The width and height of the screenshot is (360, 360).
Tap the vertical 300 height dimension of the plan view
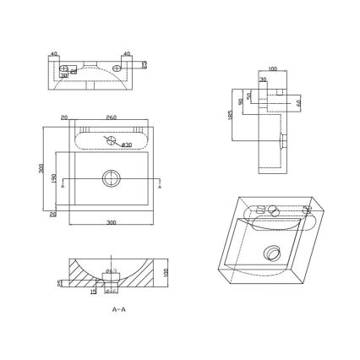pos(42,168)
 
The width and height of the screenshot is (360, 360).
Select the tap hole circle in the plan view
pos(110,140)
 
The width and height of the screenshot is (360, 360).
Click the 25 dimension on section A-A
pos(58,283)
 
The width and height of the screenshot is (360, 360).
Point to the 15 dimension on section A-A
pos(93,292)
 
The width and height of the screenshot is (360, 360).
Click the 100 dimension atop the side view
pos(272,69)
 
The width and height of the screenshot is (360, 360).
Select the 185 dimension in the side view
pos(232,114)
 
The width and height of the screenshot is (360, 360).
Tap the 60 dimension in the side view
pos(298,103)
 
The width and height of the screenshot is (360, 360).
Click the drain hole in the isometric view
pos(272,249)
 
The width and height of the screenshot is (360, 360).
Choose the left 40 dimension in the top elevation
pos(54,54)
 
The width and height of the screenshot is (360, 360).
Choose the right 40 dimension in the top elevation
pos(126,54)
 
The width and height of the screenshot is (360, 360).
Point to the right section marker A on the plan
pos(161,188)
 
